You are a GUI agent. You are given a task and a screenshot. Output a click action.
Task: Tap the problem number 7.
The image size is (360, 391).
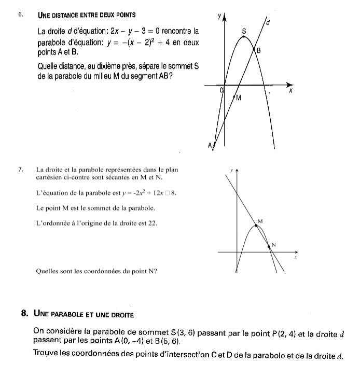pos(20,169)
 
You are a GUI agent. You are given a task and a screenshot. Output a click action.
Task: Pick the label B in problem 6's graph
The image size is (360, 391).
pos(258,50)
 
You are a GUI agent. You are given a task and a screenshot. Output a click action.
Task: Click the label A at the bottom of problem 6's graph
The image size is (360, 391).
pos(210,145)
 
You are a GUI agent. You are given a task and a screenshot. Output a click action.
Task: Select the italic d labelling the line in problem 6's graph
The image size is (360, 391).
pos(267,23)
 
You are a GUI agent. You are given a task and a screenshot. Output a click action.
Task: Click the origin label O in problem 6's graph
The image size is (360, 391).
pos(221,90)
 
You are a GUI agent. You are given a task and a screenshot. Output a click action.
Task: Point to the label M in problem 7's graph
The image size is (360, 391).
pos(260,221)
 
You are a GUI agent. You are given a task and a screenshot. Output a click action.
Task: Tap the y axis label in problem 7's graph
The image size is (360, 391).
pos(231,170)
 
